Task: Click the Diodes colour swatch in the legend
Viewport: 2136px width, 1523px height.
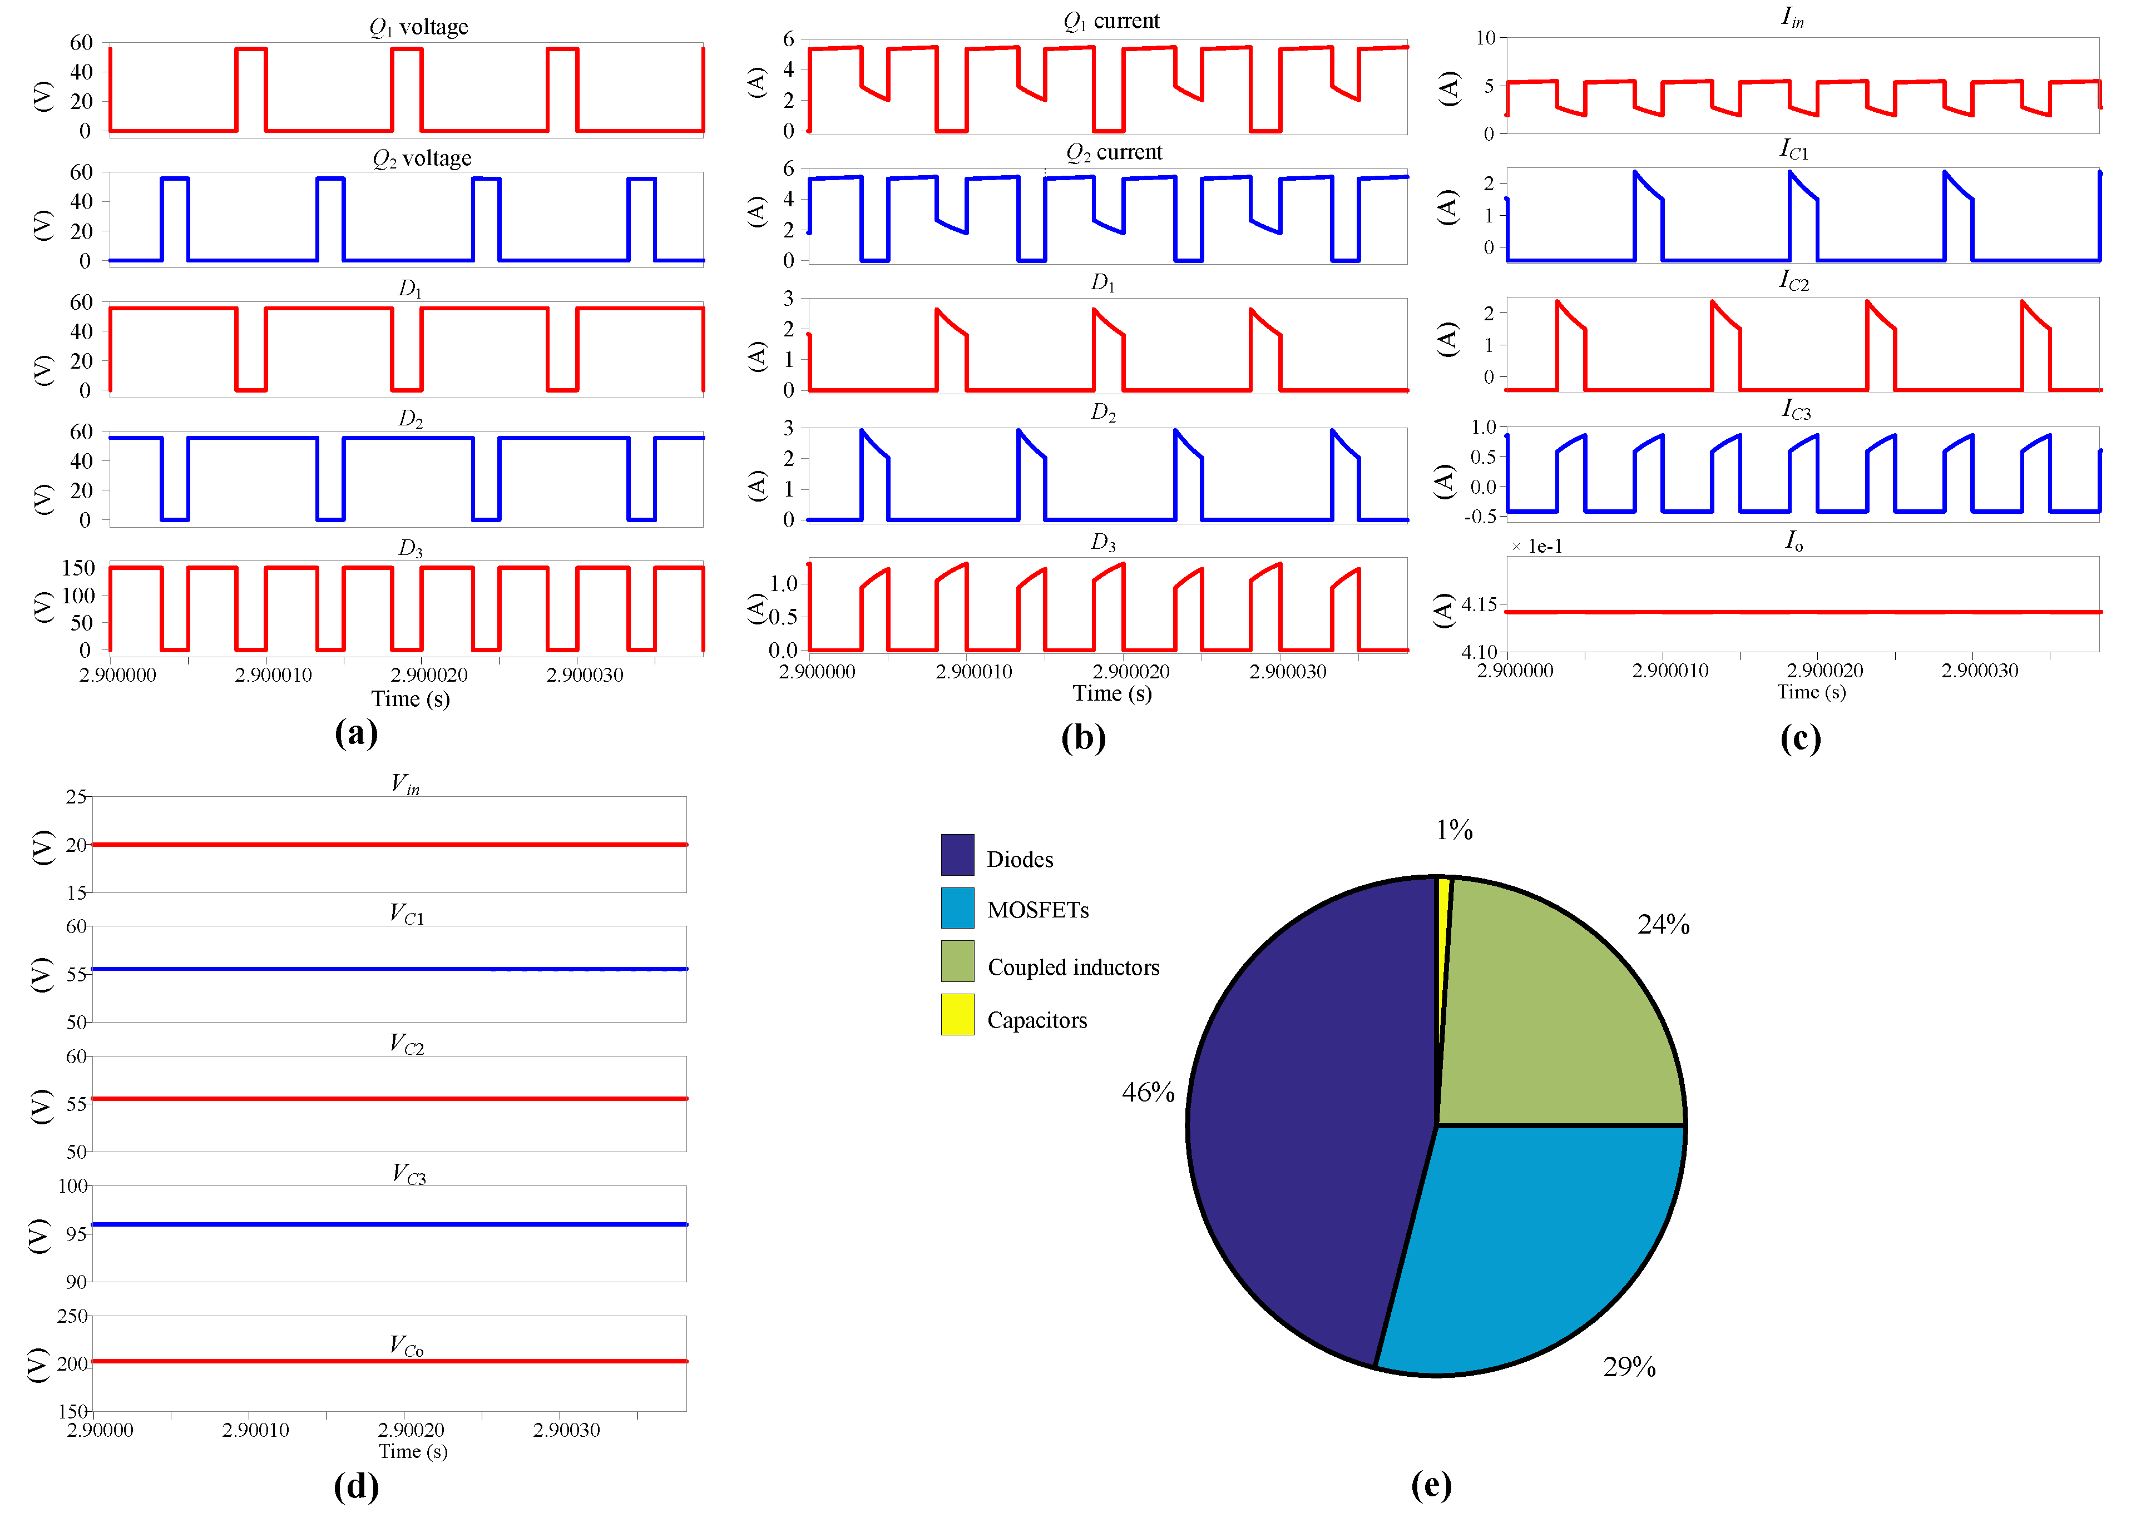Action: [957, 854]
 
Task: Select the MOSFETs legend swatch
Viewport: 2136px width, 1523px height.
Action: [957, 908]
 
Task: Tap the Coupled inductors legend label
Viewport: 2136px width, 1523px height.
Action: [1073, 967]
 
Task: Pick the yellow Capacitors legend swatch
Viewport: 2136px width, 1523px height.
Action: [957, 1015]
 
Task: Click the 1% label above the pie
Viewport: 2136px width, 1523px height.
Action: [1454, 830]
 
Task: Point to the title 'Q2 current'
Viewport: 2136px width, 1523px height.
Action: [1114, 152]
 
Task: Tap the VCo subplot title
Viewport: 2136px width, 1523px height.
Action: [406, 1346]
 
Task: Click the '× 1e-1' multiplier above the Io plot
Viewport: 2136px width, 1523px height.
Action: [1536, 547]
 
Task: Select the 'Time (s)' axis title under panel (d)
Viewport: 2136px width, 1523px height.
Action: [413, 1452]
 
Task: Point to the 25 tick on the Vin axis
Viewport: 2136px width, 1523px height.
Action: [76, 797]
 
